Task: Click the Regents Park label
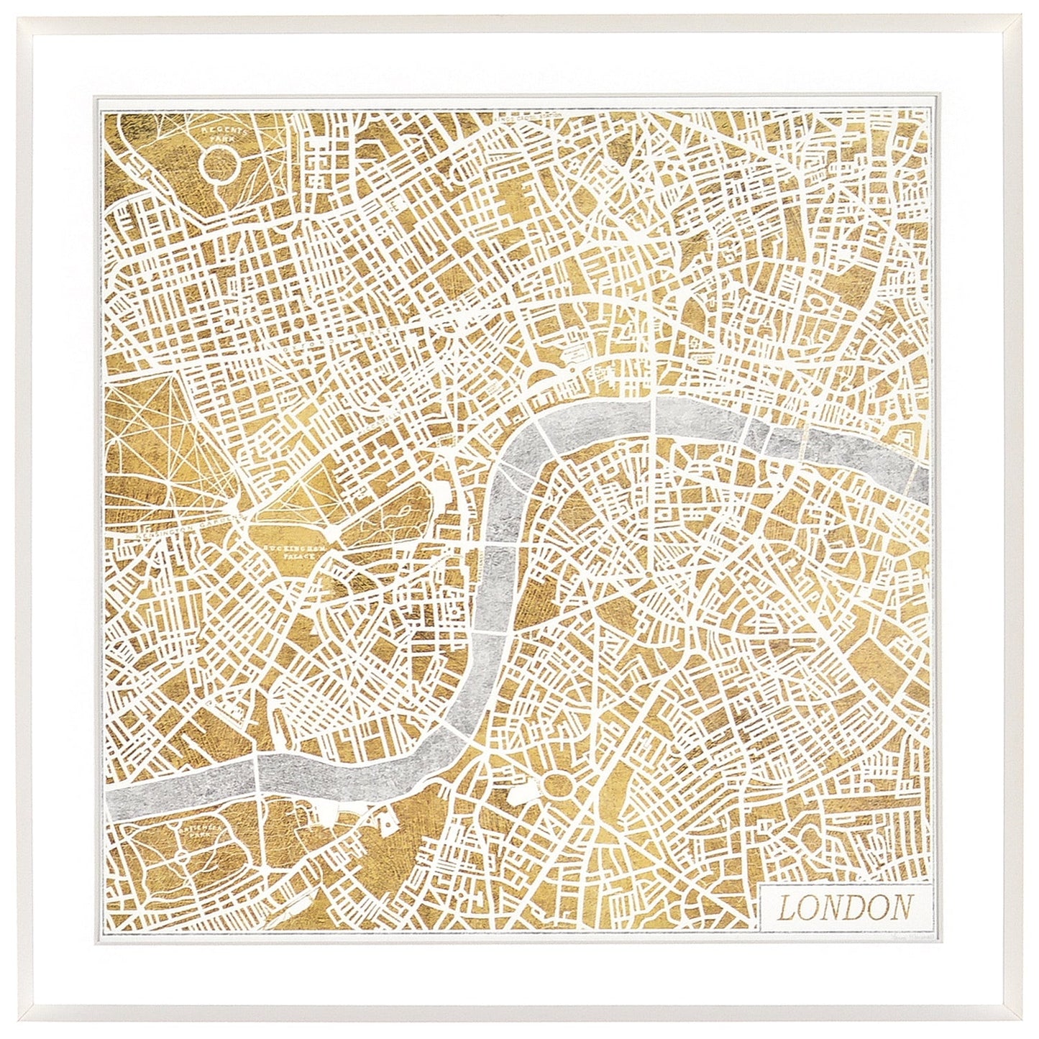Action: click(x=222, y=132)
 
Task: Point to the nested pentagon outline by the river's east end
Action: click(x=907, y=445)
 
